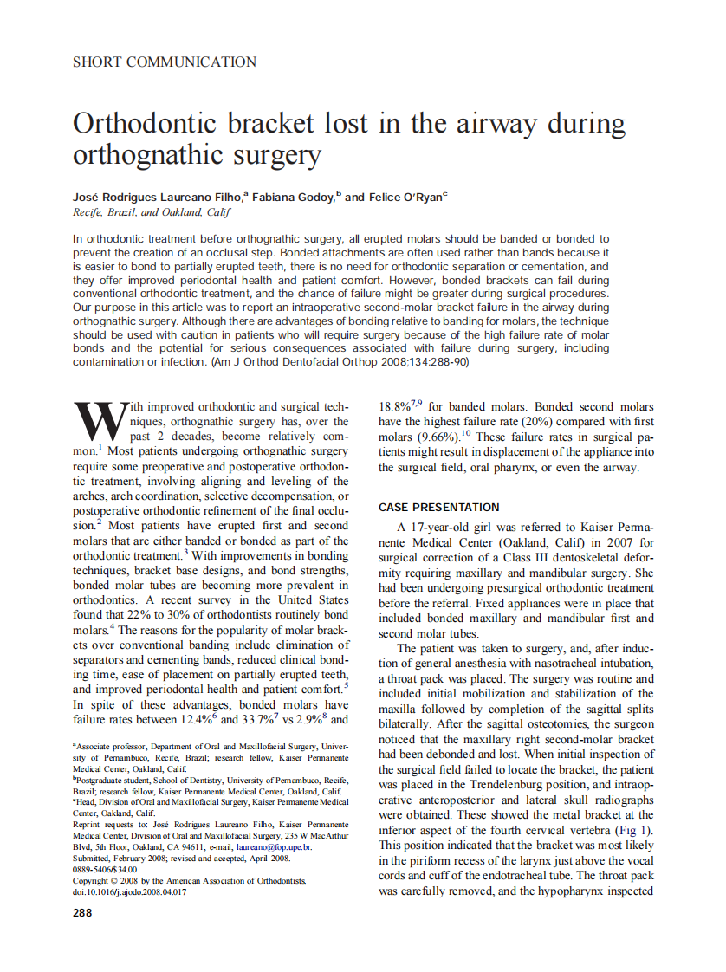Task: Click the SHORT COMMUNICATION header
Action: (x=165, y=62)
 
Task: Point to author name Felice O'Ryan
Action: (x=405, y=198)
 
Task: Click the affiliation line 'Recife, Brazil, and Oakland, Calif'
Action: (x=152, y=212)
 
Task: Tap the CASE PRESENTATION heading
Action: (x=439, y=508)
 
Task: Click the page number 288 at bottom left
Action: (x=81, y=912)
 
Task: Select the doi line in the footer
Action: (x=130, y=892)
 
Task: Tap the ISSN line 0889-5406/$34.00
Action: (x=105, y=870)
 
